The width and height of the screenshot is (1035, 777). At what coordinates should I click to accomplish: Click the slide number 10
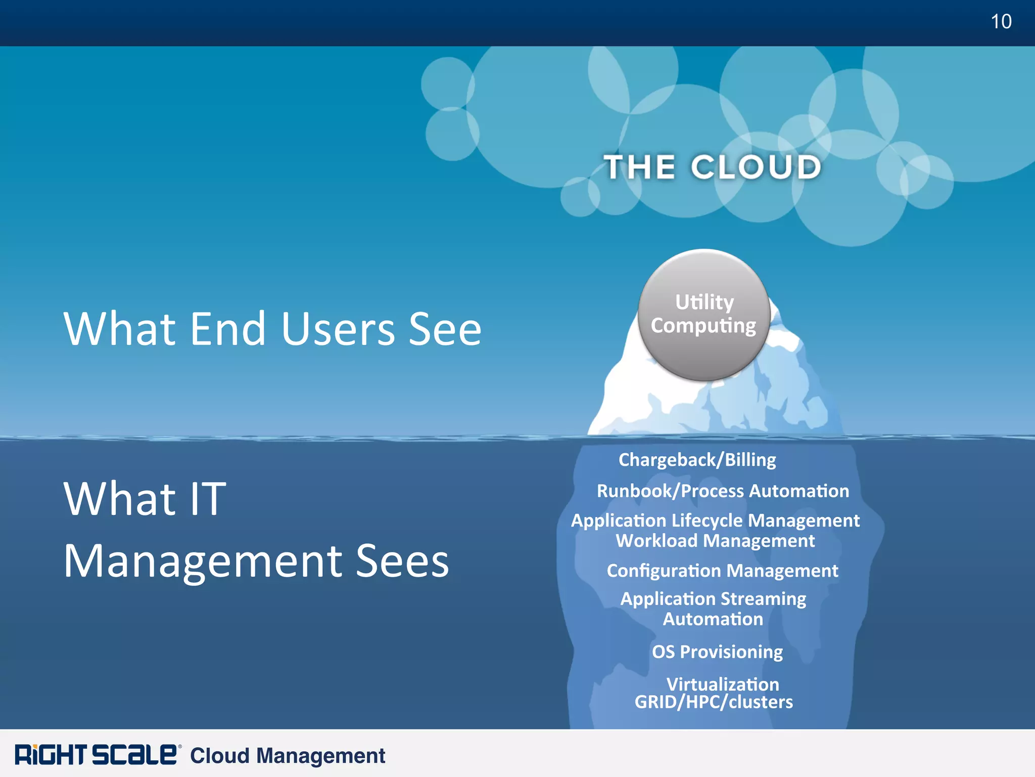pyautogui.click(x=1001, y=22)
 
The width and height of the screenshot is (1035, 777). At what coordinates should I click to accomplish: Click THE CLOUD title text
pyautogui.click(x=713, y=167)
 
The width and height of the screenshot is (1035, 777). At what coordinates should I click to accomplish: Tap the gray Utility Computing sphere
pyautogui.click(x=704, y=315)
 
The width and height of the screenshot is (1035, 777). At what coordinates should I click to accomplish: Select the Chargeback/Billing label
pyautogui.click(x=697, y=460)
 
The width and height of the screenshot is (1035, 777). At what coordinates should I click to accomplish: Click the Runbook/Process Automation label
pyautogui.click(x=723, y=491)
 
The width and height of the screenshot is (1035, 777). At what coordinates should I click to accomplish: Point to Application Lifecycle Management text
pyautogui.click(x=715, y=521)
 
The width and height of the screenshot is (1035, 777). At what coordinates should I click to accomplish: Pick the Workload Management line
pyautogui.click(x=715, y=541)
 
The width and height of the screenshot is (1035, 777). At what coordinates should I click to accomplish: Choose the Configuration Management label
pyautogui.click(x=722, y=571)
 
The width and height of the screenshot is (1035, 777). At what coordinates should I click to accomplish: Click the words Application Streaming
pyautogui.click(x=713, y=599)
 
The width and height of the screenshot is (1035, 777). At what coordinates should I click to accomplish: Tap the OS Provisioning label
pyautogui.click(x=717, y=652)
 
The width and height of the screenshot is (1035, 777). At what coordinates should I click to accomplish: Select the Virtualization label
pyautogui.click(x=723, y=684)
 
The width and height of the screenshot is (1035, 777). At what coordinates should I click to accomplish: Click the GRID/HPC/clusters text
pyautogui.click(x=714, y=702)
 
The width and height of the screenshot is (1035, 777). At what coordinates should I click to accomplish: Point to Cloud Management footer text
pyautogui.click(x=288, y=756)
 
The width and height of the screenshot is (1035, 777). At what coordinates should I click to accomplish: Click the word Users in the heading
pyautogui.click(x=338, y=329)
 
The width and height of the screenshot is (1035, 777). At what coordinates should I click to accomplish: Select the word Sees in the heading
pyautogui.click(x=402, y=561)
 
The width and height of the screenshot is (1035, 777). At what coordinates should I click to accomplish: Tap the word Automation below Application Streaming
pyautogui.click(x=713, y=620)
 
